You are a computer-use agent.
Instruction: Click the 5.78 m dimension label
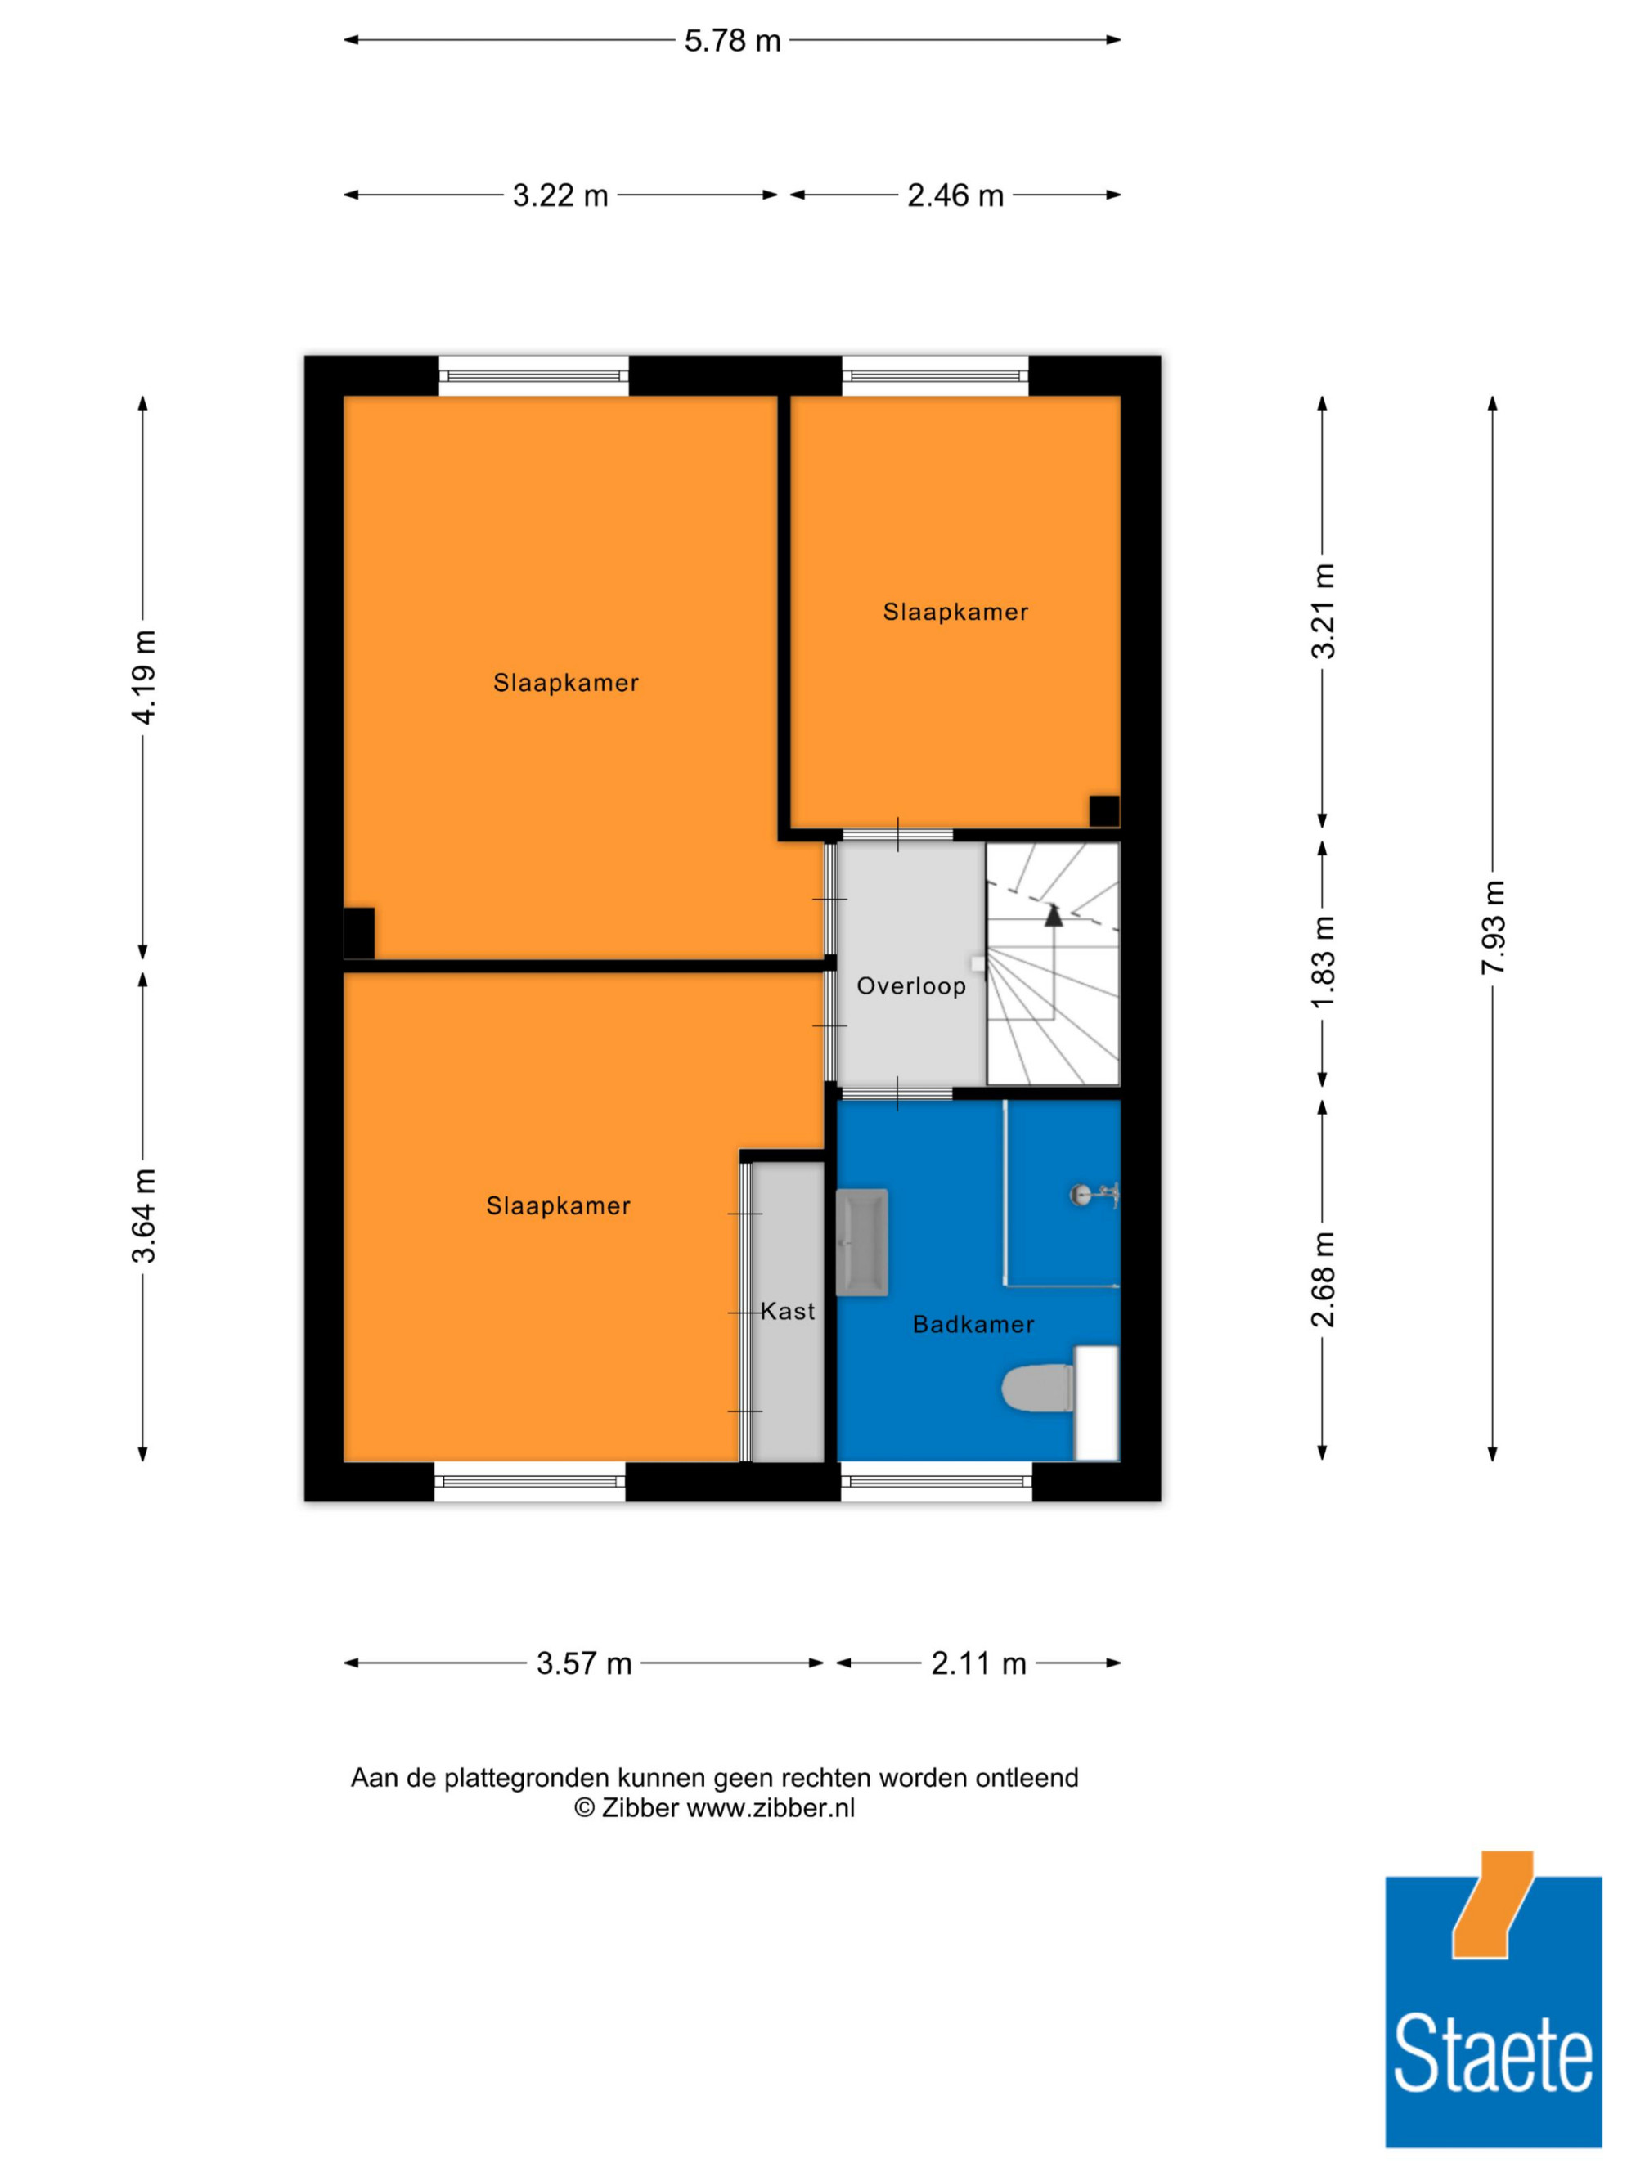tap(732, 40)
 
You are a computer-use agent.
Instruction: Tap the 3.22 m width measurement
tap(560, 195)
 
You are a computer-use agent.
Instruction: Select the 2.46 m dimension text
tap(955, 195)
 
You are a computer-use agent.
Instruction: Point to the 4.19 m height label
tap(144, 676)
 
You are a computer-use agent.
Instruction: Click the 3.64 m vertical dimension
tap(144, 1214)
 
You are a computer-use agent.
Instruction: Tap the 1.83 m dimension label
tap(1323, 962)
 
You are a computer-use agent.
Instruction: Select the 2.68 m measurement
tap(1323, 1279)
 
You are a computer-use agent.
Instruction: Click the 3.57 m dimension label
tap(584, 1663)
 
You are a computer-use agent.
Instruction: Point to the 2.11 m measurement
tap(978, 1663)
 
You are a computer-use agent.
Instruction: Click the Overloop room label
tap(911, 986)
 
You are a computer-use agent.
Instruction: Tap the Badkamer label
tap(973, 1324)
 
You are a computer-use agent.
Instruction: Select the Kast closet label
tap(788, 1312)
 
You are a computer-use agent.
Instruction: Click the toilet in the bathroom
tap(1038, 1389)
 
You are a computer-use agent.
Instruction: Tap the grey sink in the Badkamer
tap(862, 1242)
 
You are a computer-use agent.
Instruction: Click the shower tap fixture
tap(1094, 1195)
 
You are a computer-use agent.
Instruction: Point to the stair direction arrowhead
tap(1054, 915)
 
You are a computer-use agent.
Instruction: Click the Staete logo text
tap(1493, 2053)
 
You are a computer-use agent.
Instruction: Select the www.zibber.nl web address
tap(771, 1807)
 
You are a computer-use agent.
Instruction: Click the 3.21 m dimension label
tap(1323, 612)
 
